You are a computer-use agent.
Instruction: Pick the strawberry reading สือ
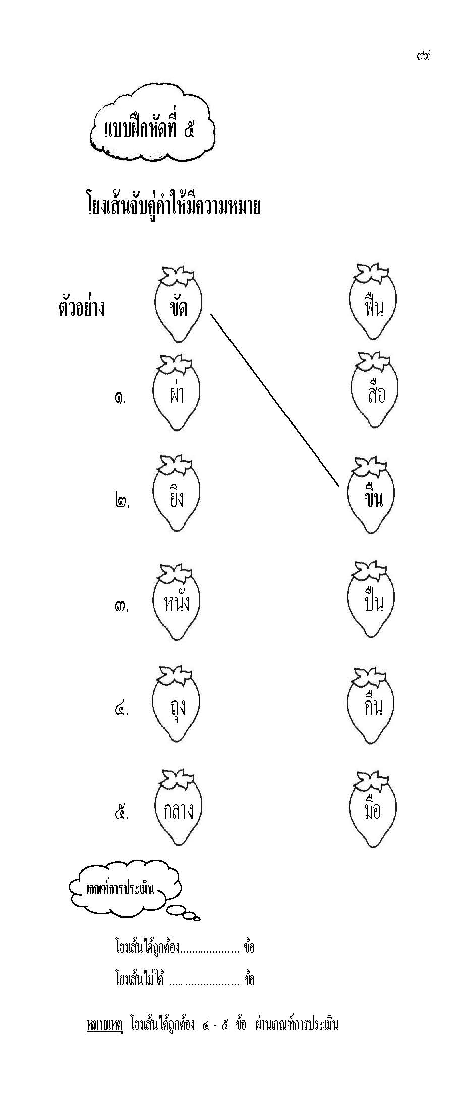pos(374,392)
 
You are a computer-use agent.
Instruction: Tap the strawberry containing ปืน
pos(373,602)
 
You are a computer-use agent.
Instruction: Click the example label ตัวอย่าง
pos(82,308)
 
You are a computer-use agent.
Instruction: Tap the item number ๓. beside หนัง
pos(122,606)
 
